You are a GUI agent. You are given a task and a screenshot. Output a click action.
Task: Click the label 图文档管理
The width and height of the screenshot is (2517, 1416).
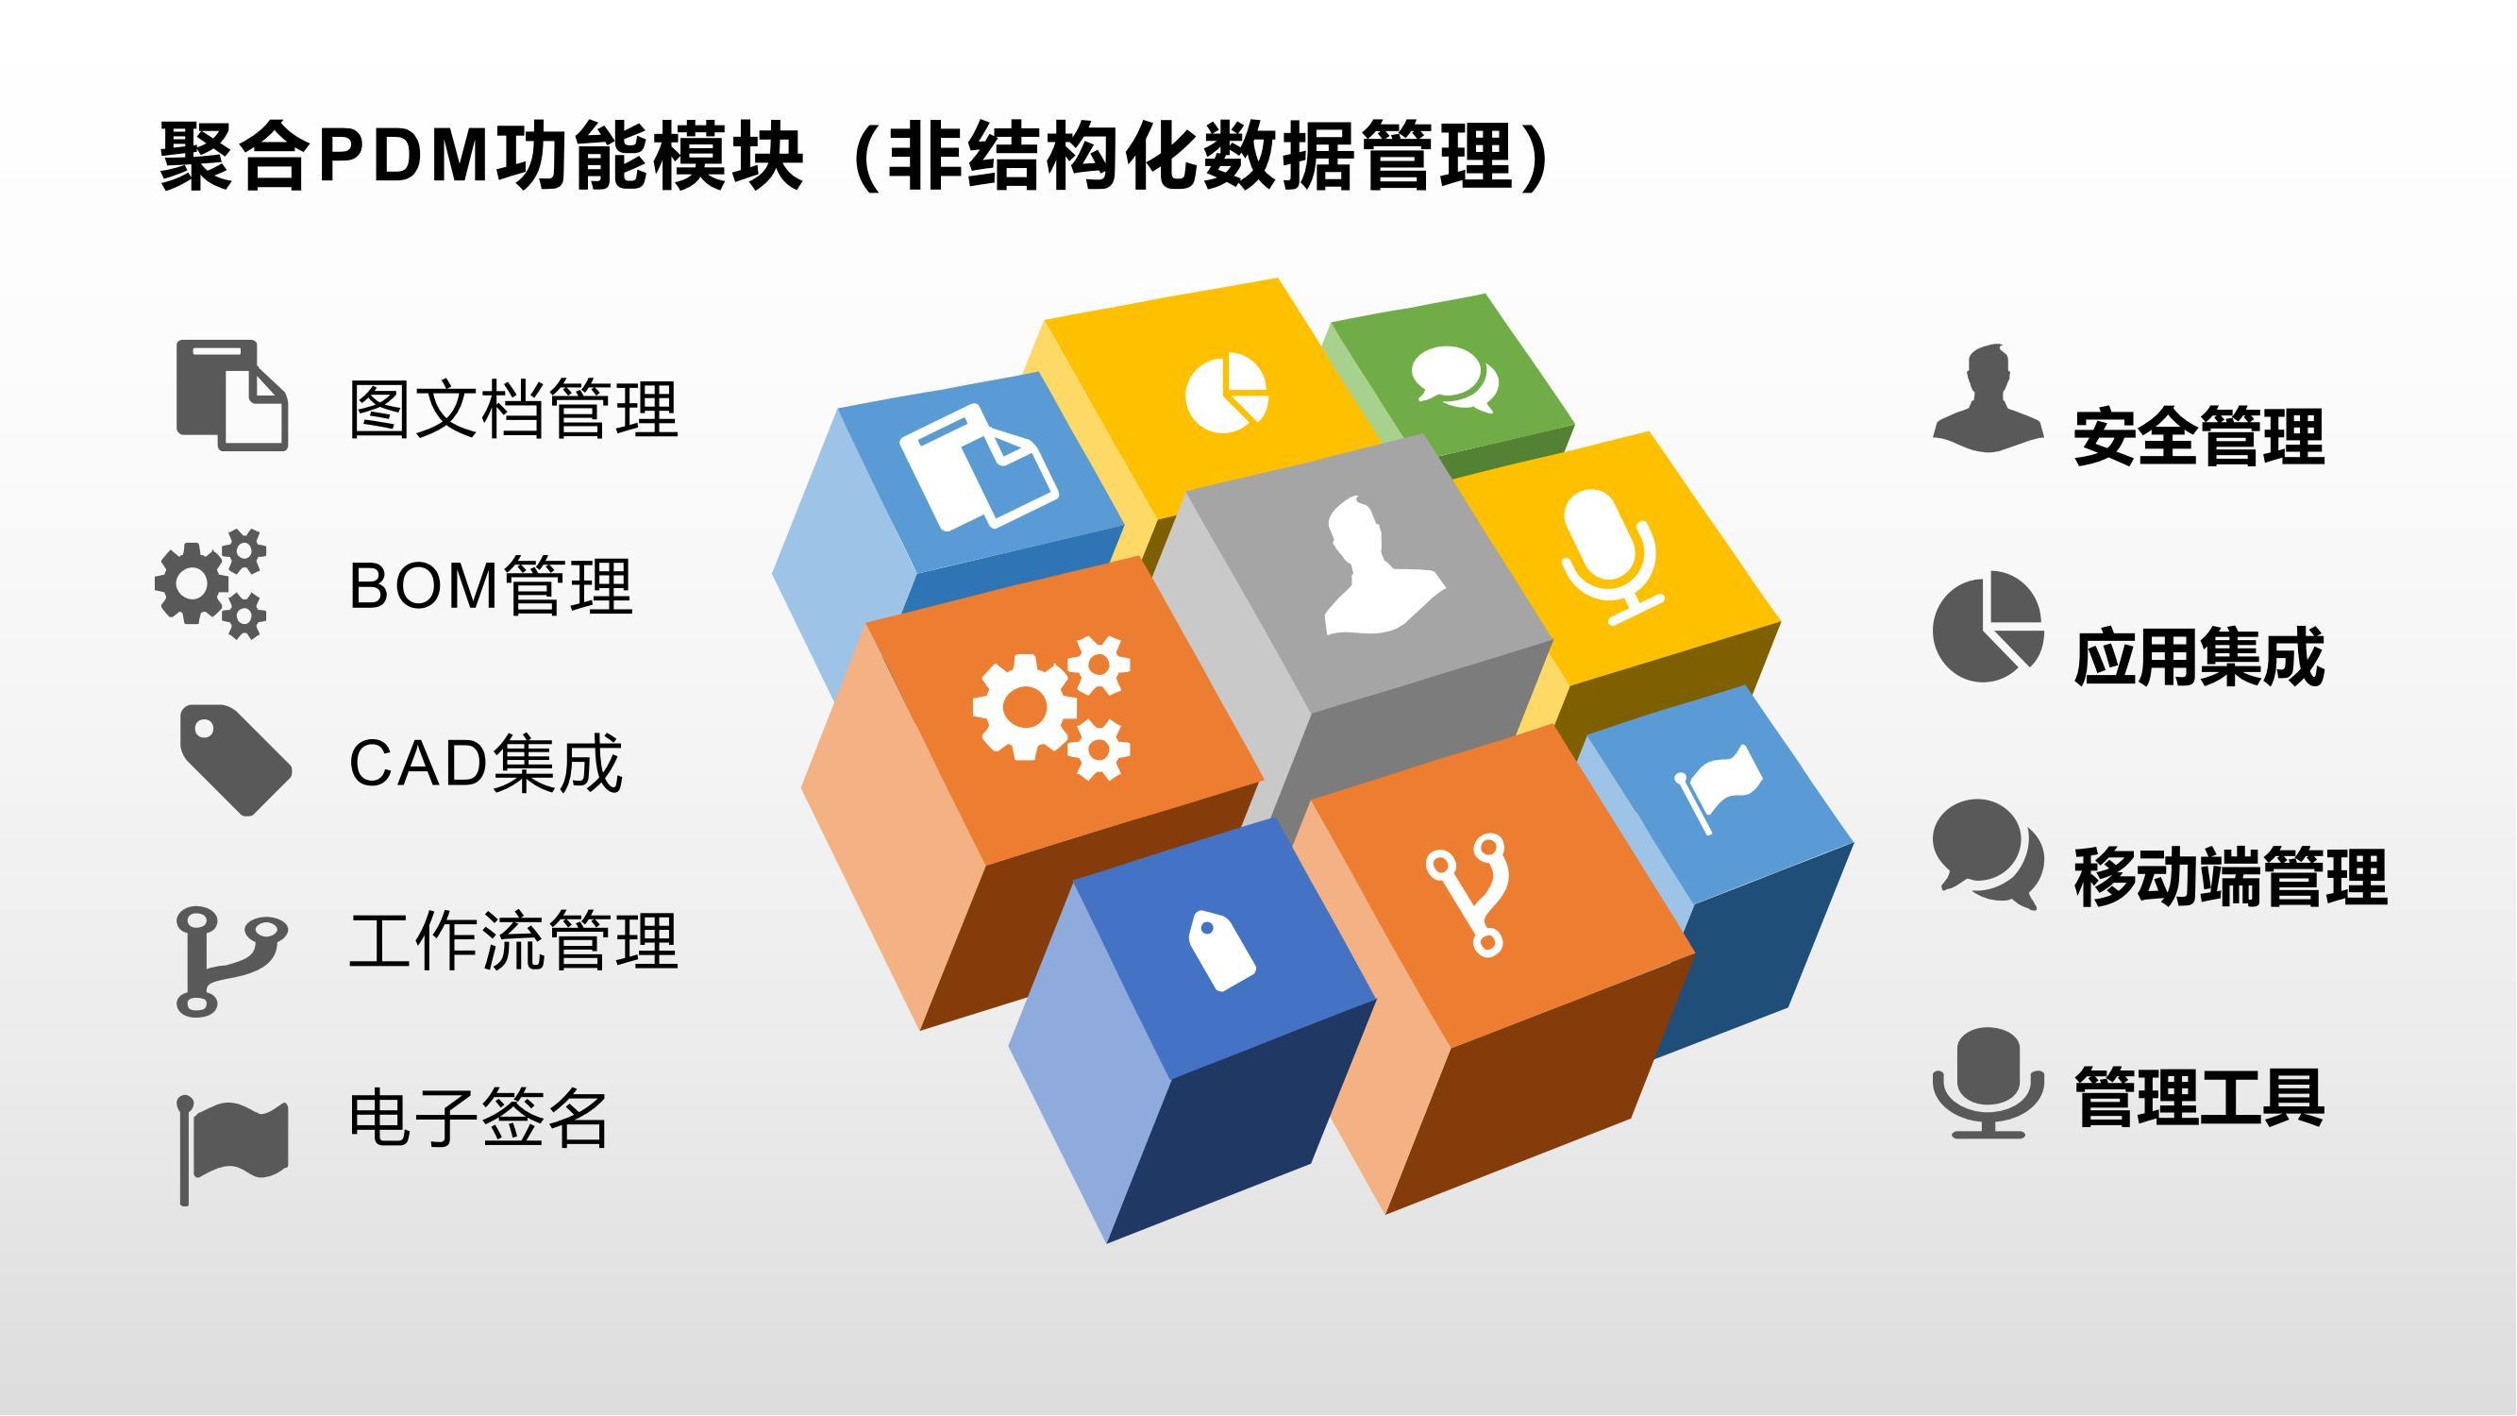pyautogui.click(x=514, y=410)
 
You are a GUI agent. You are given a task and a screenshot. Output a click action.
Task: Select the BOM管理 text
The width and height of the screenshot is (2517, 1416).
pyautogui.click(x=491, y=586)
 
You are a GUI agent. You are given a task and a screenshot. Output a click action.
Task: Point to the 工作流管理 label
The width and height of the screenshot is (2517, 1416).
pyautogui.click(x=514, y=940)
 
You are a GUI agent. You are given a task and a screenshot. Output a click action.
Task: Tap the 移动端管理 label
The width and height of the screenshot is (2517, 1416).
pyautogui.click(x=2231, y=877)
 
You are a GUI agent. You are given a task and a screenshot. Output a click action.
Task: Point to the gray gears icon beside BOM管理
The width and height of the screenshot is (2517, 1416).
pyautogui.click(x=211, y=584)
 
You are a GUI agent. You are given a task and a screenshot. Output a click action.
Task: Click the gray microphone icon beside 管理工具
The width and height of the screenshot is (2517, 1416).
pyautogui.click(x=1988, y=1083)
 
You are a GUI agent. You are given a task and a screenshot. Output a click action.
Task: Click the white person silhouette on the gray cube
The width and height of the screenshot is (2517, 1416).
pyautogui.click(x=1382, y=566)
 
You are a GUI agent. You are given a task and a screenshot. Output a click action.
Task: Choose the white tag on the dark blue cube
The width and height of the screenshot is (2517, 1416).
pyautogui.click(x=1221, y=951)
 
